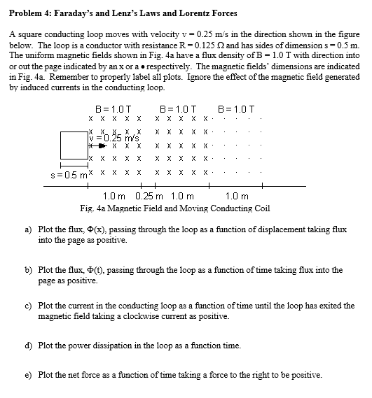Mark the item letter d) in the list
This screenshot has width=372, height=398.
(x=28, y=346)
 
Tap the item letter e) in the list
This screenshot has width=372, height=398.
(x=28, y=375)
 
